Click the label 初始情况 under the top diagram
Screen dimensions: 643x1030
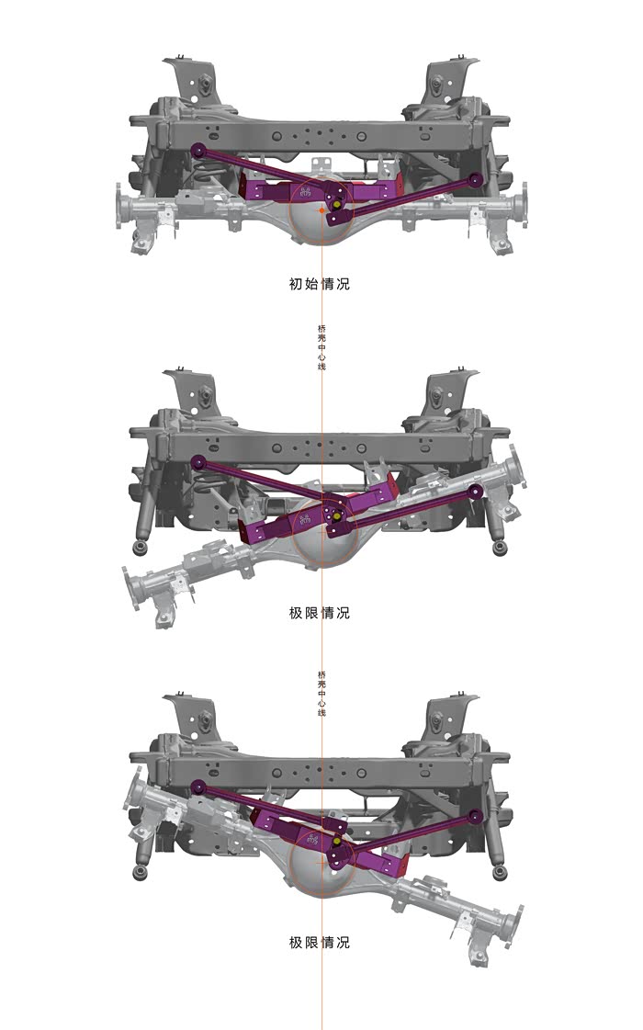(x=319, y=284)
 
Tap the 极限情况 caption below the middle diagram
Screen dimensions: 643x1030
(x=319, y=613)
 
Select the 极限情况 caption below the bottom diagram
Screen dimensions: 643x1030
(x=319, y=942)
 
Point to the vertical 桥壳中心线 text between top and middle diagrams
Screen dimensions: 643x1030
(x=321, y=346)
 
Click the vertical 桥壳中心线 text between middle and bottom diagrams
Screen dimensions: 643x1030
(x=321, y=693)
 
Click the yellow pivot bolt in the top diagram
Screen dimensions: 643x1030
(x=336, y=203)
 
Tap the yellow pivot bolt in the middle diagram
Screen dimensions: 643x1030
(x=336, y=515)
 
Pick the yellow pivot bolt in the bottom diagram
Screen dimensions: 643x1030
(x=337, y=840)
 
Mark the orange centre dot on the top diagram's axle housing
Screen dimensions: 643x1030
(x=321, y=210)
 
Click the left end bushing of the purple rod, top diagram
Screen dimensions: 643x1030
(x=197, y=151)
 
